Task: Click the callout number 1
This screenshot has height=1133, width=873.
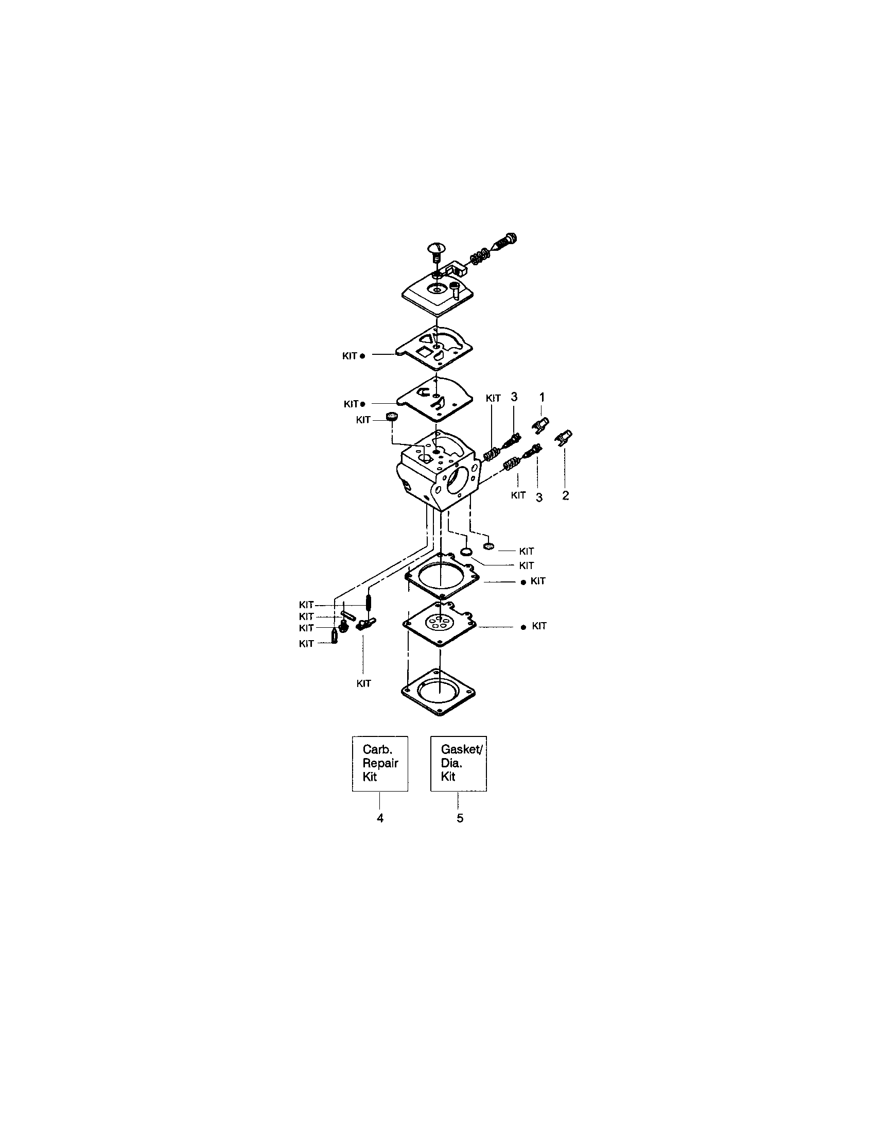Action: tap(542, 398)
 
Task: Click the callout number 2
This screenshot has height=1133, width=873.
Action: tap(566, 495)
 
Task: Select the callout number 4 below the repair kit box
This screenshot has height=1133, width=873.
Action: tap(380, 818)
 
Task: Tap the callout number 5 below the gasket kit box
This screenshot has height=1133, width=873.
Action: tap(460, 818)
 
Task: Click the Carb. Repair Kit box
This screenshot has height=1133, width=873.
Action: tap(380, 763)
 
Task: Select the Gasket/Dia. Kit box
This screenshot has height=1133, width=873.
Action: tap(458, 763)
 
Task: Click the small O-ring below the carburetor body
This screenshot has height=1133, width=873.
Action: tap(466, 551)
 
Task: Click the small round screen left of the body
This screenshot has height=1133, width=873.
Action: tap(392, 416)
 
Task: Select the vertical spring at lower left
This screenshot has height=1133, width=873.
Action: tap(369, 603)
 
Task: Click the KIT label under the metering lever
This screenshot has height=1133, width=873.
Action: tap(364, 683)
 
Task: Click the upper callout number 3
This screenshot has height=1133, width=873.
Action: tap(514, 397)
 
